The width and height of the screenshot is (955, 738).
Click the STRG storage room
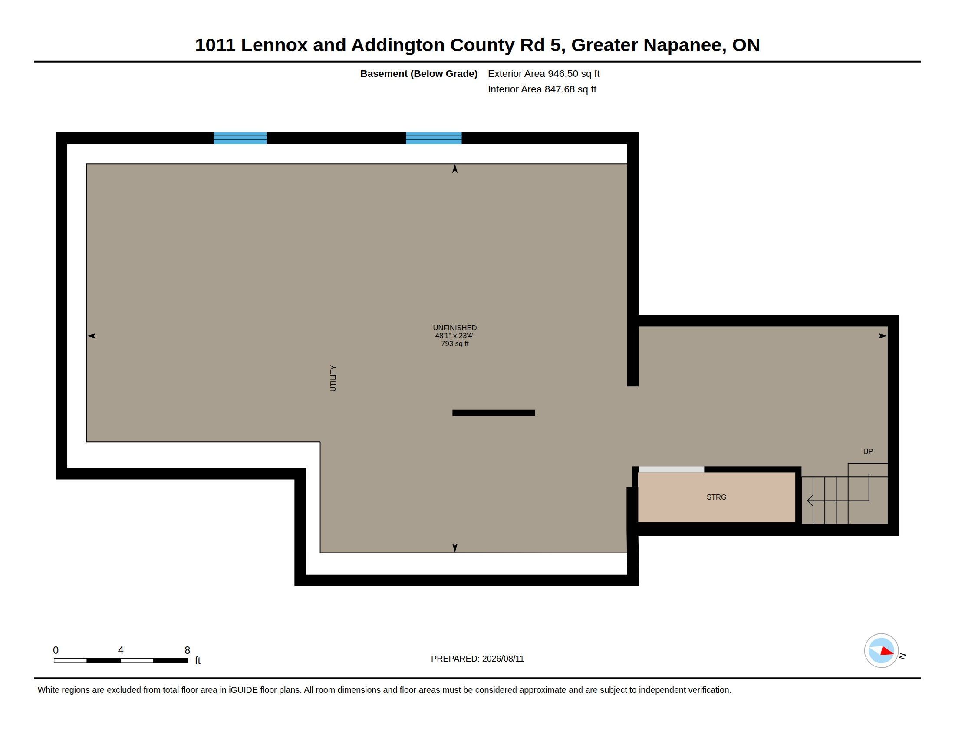tap(716, 497)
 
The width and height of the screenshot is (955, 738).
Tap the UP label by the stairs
tap(868, 451)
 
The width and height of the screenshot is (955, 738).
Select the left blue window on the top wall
tap(240, 138)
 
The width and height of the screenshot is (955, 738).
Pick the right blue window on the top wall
tap(434, 138)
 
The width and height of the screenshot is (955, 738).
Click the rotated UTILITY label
tap(333, 378)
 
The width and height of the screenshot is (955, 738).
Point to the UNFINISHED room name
tap(455, 328)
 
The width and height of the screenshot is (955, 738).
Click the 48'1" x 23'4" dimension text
tap(455, 336)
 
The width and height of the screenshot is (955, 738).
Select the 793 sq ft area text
tap(455, 344)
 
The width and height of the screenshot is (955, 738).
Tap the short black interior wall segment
tap(494, 413)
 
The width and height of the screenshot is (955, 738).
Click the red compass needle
tap(887, 652)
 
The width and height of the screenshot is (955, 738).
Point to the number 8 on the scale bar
tap(187, 650)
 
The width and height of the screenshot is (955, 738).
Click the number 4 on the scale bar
tap(121, 650)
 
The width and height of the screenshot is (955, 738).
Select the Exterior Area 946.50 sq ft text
tap(543, 73)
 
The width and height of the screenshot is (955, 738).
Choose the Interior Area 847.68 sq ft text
tap(542, 89)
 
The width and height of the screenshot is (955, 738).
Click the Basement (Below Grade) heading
tap(419, 73)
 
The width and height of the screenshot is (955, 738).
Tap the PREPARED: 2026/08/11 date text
tap(477, 659)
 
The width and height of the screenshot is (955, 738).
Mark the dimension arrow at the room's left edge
tap(91, 336)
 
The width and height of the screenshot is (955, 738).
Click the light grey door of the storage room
tap(672, 470)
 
